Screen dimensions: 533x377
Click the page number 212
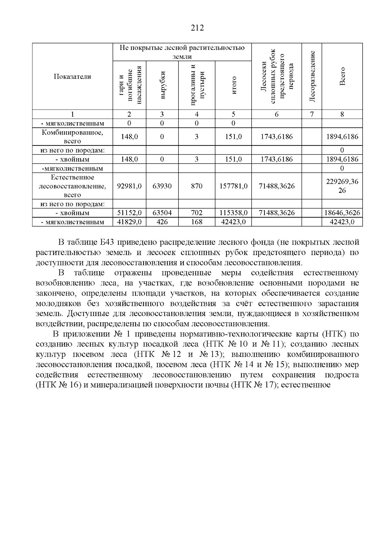pyautogui.click(x=197, y=28)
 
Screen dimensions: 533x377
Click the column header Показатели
pyautogui.click(x=72, y=77)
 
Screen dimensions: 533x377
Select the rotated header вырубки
pyautogui.click(x=162, y=85)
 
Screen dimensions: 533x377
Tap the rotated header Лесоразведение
pyautogui.click(x=312, y=76)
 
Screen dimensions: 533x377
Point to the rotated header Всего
pyautogui.click(x=342, y=76)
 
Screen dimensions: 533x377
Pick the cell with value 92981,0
pyautogui.click(x=129, y=186)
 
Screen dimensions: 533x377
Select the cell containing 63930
pyautogui.click(x=162, y=186)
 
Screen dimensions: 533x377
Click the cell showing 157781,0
pyautogui.click(x=233, y=186)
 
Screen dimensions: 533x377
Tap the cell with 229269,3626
pyautogui.click(x=342, y=186)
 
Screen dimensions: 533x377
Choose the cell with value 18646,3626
pyautogui.click(x=342, y=213)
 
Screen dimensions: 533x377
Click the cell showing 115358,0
pyautogui.click(x=233, y=213)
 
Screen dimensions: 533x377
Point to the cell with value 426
pyautogui.click(x=162, y=222)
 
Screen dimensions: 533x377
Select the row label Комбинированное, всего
pyautogui.click(x=72, y=137)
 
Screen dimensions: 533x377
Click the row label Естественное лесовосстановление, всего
pyautogui.click(x=72, y=186)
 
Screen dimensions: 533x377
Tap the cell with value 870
pyautogui.click(x=197, y=186)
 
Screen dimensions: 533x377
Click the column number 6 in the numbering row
pyautogui.click(x=276, y=114)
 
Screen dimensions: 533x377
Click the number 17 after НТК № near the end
pyautogui.click(x=270, y=385)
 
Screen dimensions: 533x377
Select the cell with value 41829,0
pyautogui.click(x=129, y=222)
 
